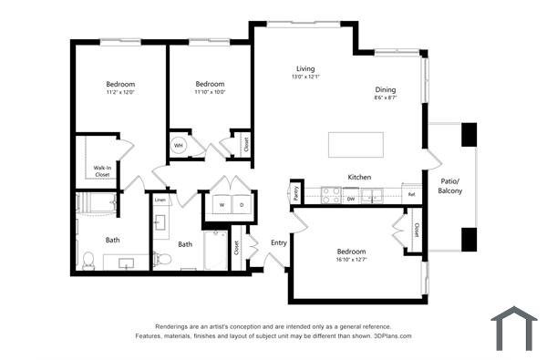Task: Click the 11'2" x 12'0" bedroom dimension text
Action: pos(119,92)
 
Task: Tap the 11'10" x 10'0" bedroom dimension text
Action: pos(210,91)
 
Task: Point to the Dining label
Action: pos(385,89)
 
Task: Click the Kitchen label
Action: pos(358,177)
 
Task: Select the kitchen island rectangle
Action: pos(356,145)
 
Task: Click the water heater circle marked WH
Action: pos(179,145)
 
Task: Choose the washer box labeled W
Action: pos(222,205)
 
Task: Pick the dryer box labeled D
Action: pos(243,205)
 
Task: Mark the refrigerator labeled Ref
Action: pos(411,195)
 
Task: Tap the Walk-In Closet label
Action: pos(101,171)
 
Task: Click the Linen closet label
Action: pos(160,200)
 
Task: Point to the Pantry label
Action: pos(295,192)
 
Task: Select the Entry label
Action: pos(278,242)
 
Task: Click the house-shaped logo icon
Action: pos(514,327)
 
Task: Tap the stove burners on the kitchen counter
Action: pos(330,195)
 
